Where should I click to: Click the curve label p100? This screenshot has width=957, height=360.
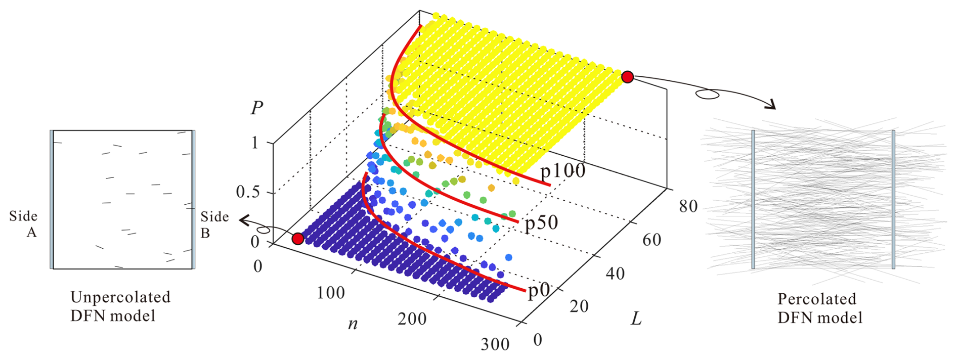(562, 171)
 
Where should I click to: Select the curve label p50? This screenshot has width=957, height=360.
(541, 223)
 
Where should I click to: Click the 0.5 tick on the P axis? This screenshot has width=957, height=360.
(247, 192)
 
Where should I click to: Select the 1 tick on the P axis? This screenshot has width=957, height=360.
(255, 143)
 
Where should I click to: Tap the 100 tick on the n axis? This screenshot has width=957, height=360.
(331, 293)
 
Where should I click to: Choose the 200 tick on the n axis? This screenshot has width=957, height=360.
(412, 319)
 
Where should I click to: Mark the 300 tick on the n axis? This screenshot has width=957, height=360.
(495, 344)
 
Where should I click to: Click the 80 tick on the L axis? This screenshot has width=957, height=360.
(688, 206)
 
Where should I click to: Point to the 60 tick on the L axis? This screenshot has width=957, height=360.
(651, 240)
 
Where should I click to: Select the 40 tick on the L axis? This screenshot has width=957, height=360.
(615, 274)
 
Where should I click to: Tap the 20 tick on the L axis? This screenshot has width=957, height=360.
(579, 306)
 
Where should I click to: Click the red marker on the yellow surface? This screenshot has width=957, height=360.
(627, 77)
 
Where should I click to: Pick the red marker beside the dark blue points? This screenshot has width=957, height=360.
(298, 239)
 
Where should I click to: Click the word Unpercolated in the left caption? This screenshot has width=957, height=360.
(120, 297)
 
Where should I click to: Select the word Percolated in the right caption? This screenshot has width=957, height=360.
(816, 299)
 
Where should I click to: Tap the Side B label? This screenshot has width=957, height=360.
(214, 224)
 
